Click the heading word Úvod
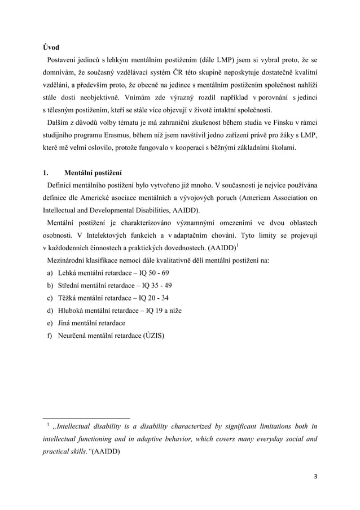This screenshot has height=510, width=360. tap(51, 47)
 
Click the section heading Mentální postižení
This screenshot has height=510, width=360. tap(93, 172)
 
